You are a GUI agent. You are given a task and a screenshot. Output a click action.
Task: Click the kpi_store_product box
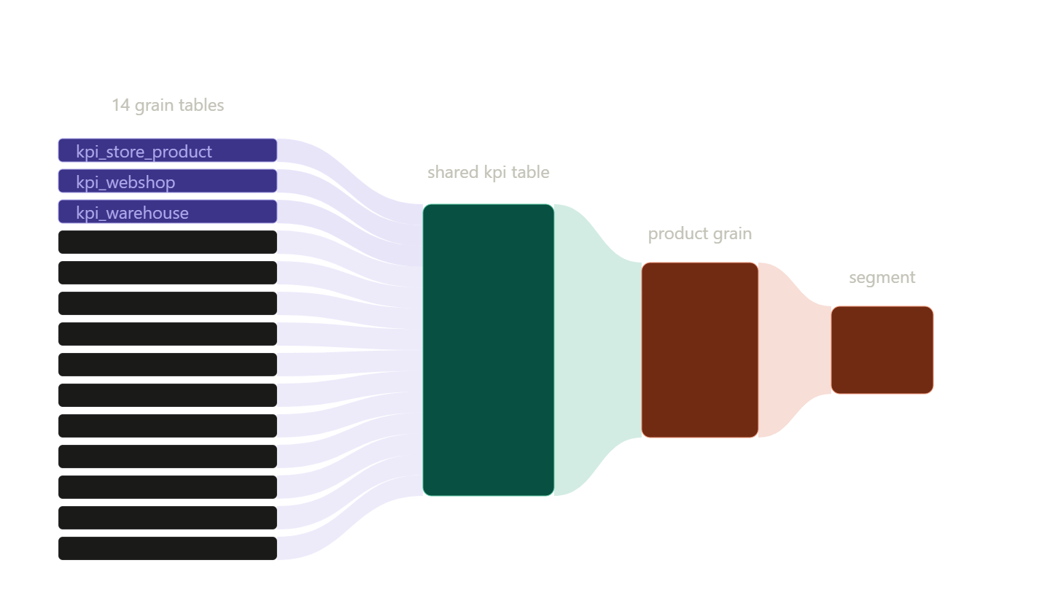point(168,150)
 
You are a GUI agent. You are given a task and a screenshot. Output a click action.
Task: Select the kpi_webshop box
point(168,181)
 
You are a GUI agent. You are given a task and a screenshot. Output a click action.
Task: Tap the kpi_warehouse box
point(168,211)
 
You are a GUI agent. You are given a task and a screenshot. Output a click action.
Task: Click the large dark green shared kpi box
point(489,349)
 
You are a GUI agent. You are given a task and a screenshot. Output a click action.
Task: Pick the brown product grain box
point(700,350)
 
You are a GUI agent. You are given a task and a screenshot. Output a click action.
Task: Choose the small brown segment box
point(882,350)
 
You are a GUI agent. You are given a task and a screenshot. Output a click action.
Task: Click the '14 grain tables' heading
point(168,106)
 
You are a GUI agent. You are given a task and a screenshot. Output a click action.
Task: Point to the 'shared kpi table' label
point(489,172)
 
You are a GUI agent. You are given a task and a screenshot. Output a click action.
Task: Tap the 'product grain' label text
point(700,234)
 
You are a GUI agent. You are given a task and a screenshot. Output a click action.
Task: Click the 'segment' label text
point(882,277)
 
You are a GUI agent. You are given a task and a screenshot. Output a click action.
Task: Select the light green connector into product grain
point(598,349)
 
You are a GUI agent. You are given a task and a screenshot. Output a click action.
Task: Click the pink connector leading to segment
point(795,350)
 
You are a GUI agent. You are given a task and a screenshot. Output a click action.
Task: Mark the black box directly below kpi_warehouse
point(168,242)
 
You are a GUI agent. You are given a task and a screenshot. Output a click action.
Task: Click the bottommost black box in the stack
point(168,548)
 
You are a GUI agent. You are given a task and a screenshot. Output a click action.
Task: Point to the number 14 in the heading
point(120,105)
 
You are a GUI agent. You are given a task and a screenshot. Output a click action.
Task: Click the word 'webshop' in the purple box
point(141,182)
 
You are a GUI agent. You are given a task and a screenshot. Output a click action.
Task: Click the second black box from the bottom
point(168,518)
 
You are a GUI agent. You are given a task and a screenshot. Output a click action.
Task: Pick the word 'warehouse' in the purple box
point(147,213)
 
